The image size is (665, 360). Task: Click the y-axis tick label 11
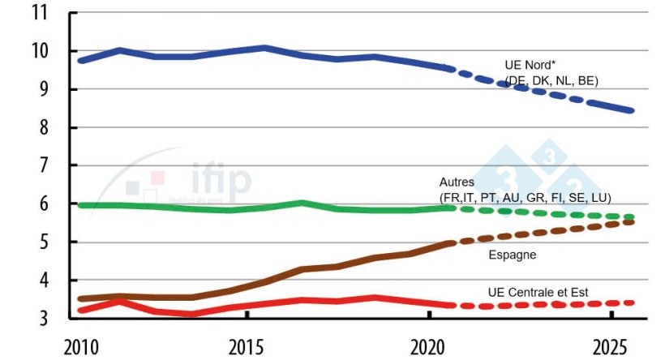pos(38,14)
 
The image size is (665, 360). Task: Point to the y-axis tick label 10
pos(38,52)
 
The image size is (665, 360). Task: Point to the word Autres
pos(457,183)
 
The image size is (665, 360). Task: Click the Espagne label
pos(513,255)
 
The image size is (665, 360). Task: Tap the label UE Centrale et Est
pos(538,292)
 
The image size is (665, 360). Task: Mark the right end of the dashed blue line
pos(632,110)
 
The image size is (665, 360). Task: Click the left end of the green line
pos(79,205)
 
